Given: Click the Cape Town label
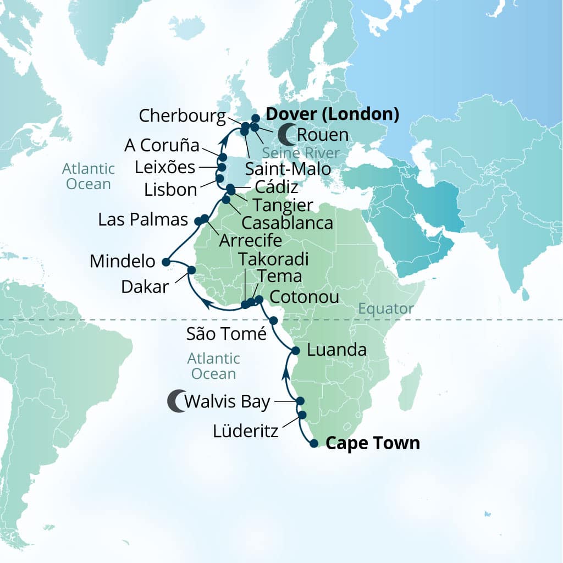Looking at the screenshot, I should click(x=373, y=443).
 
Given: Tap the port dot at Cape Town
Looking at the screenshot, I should click(x=313, y=444).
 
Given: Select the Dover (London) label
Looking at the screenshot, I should click(x=332, y=114).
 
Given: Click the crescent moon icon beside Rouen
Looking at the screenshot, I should click(x=286, y=133).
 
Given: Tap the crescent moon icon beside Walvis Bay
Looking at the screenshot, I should click(x=176, y=401).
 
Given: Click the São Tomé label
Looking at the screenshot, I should click(x=227, y=333).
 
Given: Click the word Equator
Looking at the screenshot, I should click(x=385, y=309).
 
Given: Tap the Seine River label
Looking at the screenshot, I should click(x=300, y=152).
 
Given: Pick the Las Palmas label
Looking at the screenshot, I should click(x=143, y=220).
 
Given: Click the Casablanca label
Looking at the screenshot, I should click(x=287, y=223).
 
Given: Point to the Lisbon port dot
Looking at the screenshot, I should click(x=219, y=179).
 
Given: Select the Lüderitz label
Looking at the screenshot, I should click(x=245, y=430).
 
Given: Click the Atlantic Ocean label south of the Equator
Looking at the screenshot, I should click(x=213, y=366).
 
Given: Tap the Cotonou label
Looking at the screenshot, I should click(x=304, y=297).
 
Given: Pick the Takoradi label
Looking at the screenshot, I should click(x=273, y=260).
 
